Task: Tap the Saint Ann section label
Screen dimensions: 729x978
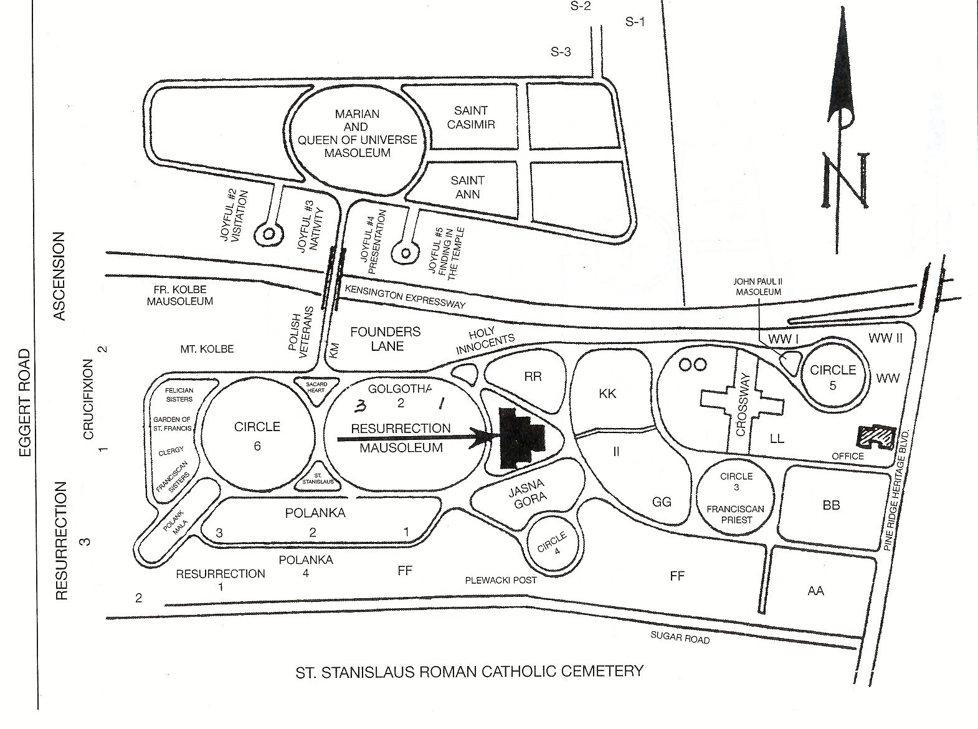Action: click(468, 187)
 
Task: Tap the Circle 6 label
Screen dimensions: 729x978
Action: click(257, 435)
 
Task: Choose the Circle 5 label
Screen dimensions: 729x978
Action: click(833, 377)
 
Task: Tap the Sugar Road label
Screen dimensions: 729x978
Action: click(680, 637)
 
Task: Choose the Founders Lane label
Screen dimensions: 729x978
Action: click(385, 338)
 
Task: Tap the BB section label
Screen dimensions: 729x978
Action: click(831, 505)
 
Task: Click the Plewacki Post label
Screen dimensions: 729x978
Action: click(501, 580)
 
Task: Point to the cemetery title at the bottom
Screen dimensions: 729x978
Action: click(468, 672)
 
